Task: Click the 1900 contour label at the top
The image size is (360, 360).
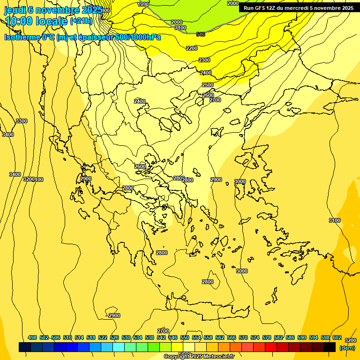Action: (x=143, y=4)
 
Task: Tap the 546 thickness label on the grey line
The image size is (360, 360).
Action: (x=201, y=34)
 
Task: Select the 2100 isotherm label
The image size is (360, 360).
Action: (x=180, y=28)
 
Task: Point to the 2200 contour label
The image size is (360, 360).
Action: (x=192, y=48)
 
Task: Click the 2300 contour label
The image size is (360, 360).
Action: (x=204, y=60)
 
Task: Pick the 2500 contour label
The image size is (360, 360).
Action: (x=208, y=85)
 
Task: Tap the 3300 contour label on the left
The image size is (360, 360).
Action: (x=22, y=121)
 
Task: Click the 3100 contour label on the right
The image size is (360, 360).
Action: (x=335, y=220)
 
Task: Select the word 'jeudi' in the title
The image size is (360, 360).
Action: (x=15, y=10)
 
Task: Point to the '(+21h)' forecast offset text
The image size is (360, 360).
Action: (x=81, y=21)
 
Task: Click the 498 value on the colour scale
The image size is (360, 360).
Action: (x=32, y=338)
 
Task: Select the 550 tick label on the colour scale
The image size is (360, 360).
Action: (x=185, y=338)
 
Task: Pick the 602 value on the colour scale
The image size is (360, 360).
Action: (x=337, y=338)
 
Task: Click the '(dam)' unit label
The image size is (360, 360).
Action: (x=347, y=348)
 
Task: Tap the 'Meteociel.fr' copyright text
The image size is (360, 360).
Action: (x=218, y=357)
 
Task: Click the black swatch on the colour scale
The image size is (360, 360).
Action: (x=330, y=347)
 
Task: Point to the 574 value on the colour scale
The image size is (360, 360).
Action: (x=255, y=338)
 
